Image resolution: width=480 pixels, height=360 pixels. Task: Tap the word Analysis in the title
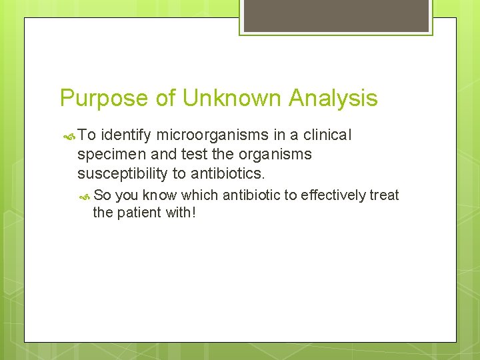tap(333, 99)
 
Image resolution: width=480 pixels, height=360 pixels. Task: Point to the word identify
tap(127, 135)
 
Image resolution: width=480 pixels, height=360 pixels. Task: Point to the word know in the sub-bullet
tap(159, 195)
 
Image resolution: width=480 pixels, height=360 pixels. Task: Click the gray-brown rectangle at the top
tap(336, 15)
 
